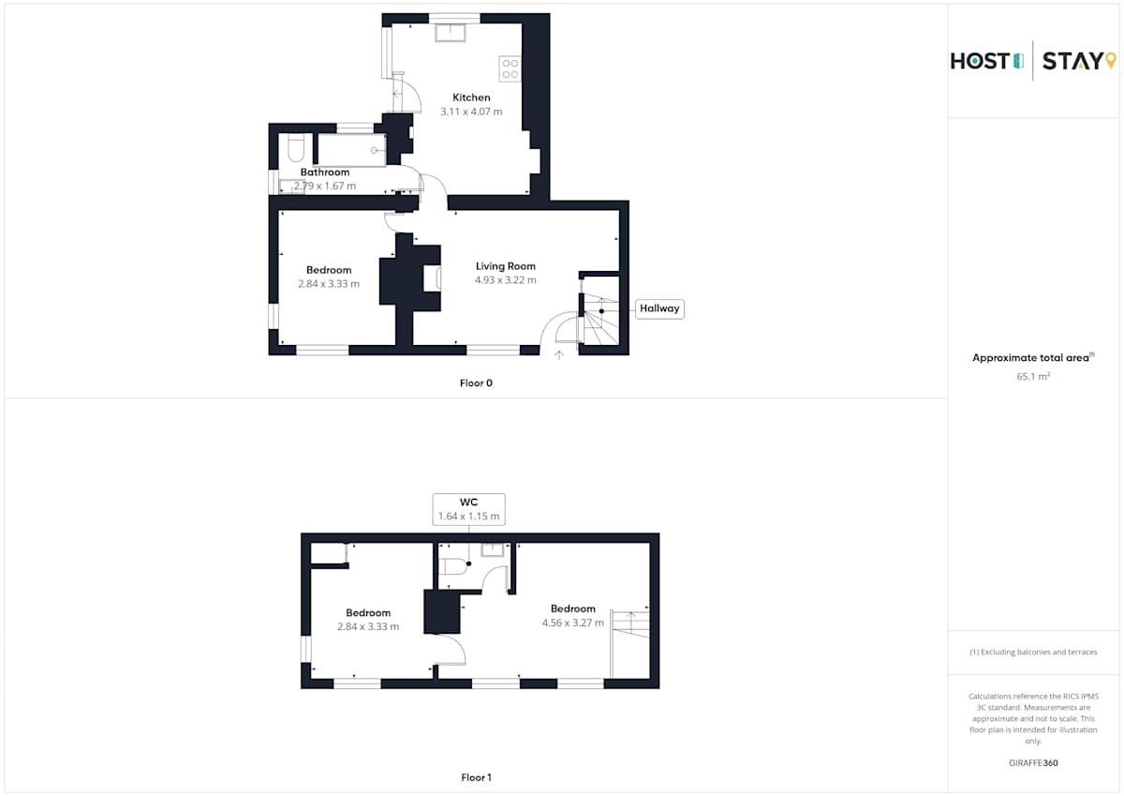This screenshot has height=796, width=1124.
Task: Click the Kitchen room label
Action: [471, 98]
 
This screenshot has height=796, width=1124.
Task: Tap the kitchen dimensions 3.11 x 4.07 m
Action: [471, 112]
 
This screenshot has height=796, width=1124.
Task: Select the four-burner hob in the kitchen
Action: [510, 68]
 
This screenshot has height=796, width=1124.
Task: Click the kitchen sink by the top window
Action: [451, 33]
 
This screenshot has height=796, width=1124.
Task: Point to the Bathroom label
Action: [325, 172]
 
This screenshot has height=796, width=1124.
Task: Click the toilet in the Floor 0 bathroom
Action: [296, 147]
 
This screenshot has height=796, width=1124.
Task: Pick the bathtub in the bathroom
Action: [351, 150]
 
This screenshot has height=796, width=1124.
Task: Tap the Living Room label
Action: [505, 266]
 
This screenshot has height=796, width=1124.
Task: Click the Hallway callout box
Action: [659, 308]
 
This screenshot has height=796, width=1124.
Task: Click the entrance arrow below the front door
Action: [559, 355]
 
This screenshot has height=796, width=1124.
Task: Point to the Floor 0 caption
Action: [476, 383]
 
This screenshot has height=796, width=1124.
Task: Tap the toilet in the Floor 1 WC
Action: [453, 566]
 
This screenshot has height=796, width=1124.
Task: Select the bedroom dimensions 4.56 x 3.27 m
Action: [572, 623]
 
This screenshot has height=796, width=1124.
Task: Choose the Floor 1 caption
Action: [476, 777]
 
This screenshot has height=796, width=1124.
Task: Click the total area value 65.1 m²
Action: [1033, 376]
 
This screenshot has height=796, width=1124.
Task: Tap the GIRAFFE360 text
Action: [1033, 763]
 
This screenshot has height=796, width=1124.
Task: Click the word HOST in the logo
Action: [980, 61]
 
